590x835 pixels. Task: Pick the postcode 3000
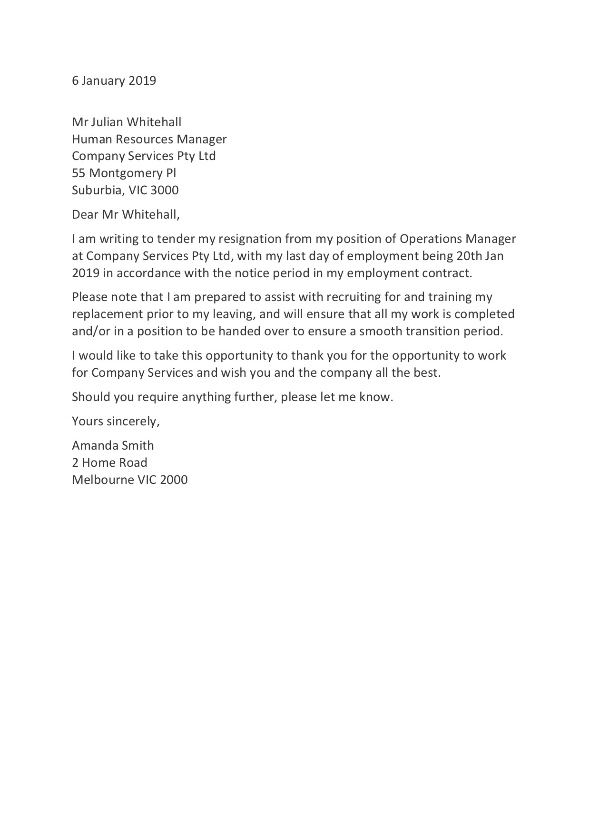click(x=165, y=191)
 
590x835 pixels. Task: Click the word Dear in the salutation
click(x=85, y=215)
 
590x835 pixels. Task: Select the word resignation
click(x=250, y=239)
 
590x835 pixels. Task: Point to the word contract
click(x=448, y=273)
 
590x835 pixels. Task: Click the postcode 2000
click(x=174, y=480)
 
